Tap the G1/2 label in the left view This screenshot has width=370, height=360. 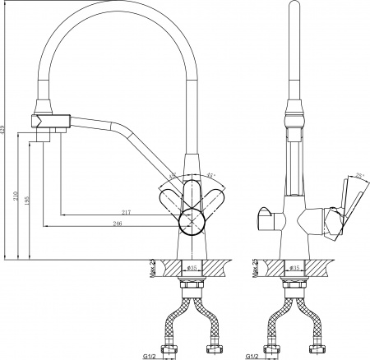click(148, 354)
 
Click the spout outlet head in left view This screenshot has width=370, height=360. click(44, 120)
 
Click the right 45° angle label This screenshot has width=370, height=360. click(211, 175)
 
